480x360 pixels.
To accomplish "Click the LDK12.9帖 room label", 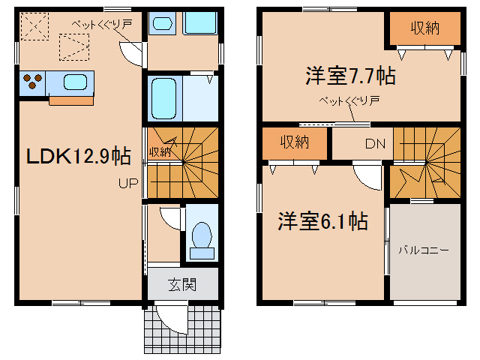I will (78, 156).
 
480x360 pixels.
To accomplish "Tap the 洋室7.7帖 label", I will (349, 76).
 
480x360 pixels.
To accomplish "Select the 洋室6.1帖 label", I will (322, 221).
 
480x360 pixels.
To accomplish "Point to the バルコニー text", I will (424, 250).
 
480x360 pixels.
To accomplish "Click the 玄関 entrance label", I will (182, 284).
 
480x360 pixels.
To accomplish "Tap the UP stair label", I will (125, 182).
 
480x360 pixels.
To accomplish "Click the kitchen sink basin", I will (76, 81).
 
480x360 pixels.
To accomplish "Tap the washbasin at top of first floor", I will (161, 23).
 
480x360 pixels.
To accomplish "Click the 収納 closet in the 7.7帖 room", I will (424, 28).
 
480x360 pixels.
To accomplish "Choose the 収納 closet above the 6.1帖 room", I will (295, 142).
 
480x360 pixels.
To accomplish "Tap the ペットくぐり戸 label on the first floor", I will (102, 24).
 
